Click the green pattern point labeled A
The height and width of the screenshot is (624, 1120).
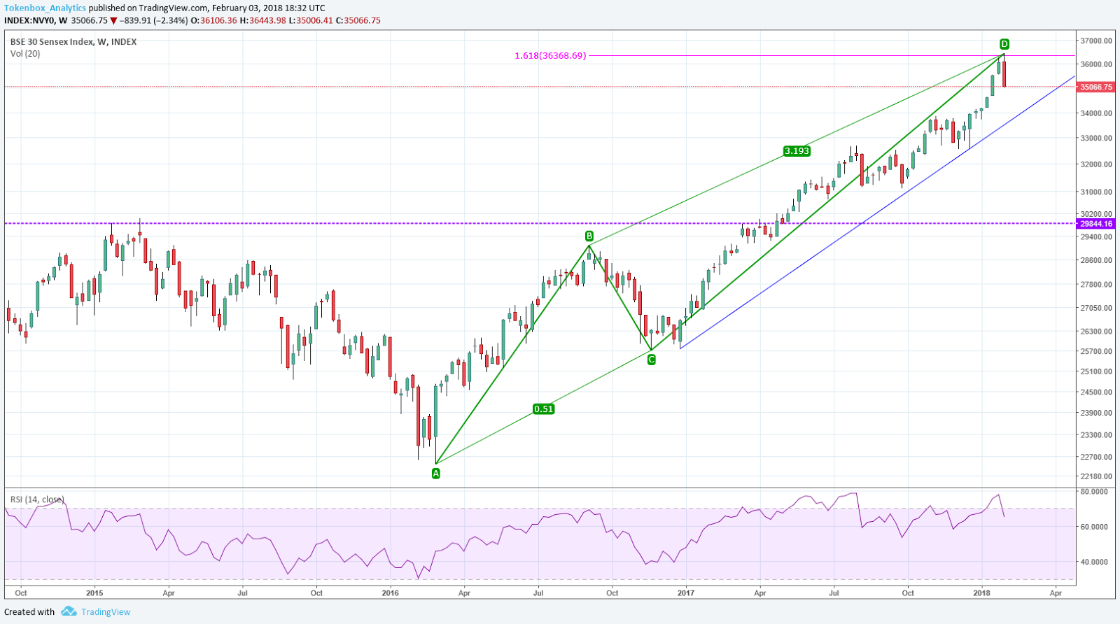(x=436, y=474)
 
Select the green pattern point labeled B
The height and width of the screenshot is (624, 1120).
(x=589, y=236)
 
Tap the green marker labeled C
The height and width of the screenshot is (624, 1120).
(x=652, y=360)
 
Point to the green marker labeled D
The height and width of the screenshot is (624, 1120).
(x=1004, y=44)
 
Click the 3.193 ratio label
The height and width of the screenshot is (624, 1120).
(x=797, y=151)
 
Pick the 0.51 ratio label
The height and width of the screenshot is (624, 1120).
(x=543, y=409)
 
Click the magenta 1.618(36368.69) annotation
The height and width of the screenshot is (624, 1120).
(x=550, y=56)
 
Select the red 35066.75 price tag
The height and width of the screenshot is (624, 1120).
(x=1095, y=87)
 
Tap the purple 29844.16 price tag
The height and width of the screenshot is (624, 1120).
(x=1095, y=224)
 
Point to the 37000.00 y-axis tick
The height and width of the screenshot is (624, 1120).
(x=1095, y=41)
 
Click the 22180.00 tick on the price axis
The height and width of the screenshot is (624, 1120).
(x=1095, y=477)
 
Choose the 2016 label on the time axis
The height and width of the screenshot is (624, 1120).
(x=391, y=593)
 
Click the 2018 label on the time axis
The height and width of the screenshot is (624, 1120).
(x=981, y=593)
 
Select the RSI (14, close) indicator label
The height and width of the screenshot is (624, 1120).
(x=37, y=499)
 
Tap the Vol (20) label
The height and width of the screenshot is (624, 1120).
(x=25, y=54)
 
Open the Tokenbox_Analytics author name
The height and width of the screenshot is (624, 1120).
(x=45, y=8)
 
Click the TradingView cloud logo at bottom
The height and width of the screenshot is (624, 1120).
(x=69, y=611)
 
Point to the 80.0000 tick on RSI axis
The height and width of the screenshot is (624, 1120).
(x=1094, y=492)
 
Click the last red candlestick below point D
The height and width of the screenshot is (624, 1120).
(x=1004, y=74)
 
